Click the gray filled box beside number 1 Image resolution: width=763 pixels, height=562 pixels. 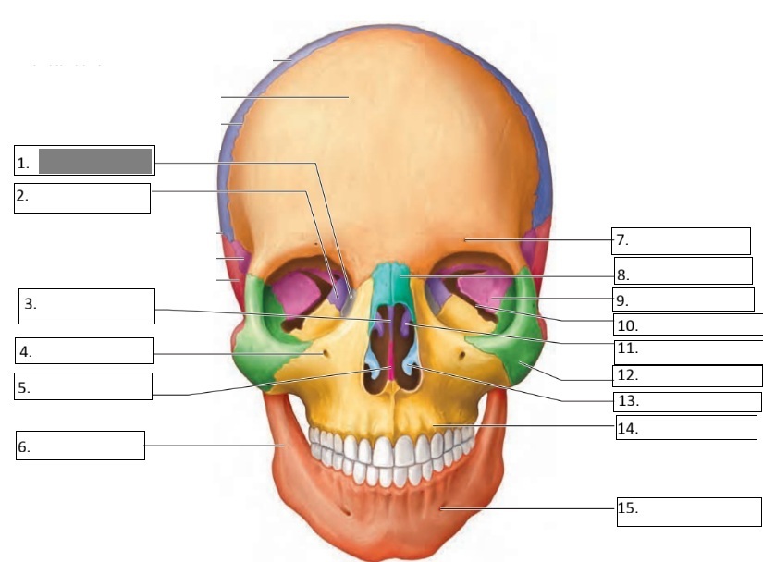[x=95, y=161]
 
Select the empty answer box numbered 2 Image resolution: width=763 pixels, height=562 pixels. [x=82, y=198]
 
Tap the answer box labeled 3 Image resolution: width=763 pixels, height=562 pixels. [x=86, y=306]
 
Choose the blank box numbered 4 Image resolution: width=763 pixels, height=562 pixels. [x=83, y=350]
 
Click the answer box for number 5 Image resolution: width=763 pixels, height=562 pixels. [x=83, y=386]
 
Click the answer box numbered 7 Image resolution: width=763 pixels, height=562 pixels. [x=682, y=240]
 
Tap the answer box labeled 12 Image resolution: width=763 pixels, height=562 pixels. [x=687, y=376]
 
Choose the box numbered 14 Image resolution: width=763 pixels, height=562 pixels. [x=686, y=427]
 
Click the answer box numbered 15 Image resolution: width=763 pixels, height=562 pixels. [x=686, y=508]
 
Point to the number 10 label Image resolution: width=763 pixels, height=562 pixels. [x=626, y=325]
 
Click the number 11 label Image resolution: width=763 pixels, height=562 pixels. [x=626, y=349]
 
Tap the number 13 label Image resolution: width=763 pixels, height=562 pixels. [x=626, y=402]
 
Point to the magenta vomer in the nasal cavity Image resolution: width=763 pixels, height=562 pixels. [x=391, y=360]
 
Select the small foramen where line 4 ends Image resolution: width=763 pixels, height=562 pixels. [x=322, y=352]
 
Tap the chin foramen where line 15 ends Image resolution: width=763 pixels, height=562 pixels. [x=442, y=507]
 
